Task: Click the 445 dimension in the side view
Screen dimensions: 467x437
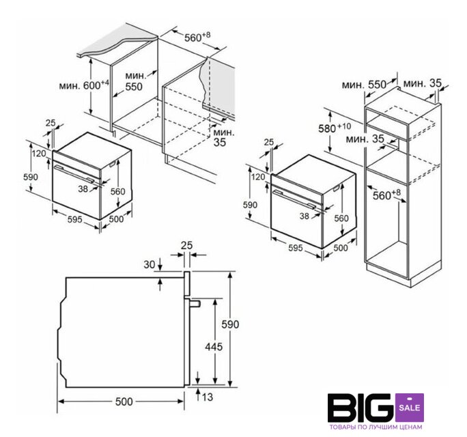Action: tap(214, 347)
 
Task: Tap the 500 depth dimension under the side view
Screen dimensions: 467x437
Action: tap(124, 401)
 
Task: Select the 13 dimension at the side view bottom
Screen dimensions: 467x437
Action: tap(208, 397)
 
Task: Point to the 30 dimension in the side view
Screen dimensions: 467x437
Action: tap(150, 264)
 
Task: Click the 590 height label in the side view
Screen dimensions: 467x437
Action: tap(231, 324)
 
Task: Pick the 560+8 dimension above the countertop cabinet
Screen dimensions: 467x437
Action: tap(197, 37)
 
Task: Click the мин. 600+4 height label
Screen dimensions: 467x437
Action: tap(84, 85)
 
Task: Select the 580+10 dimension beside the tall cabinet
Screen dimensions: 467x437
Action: tap(335, 128)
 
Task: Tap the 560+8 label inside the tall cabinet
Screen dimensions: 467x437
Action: tap(387, 195)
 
